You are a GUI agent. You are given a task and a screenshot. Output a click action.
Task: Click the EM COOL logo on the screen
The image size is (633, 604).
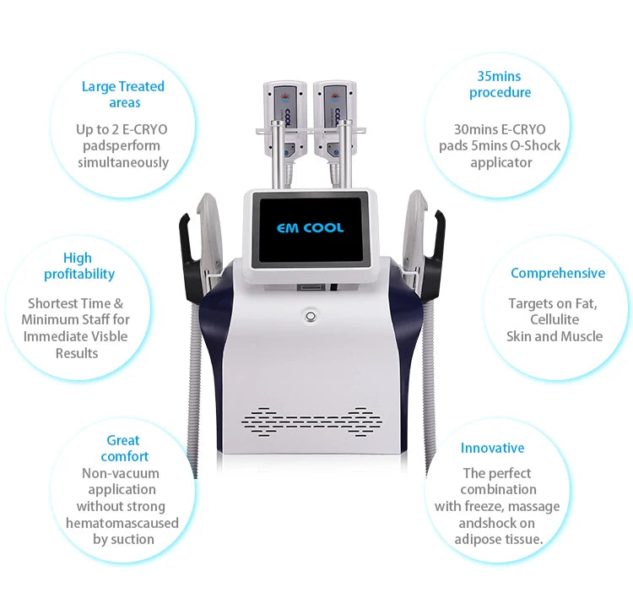(310, 228)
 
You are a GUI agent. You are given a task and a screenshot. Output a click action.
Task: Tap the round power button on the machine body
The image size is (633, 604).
(311, 316)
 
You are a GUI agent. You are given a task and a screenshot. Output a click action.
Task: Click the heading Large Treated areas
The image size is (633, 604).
(123, 94)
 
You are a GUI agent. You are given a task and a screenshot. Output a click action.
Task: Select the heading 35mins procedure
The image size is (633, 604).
(500, 84)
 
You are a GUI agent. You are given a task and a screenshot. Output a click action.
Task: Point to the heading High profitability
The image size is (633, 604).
(79, 266)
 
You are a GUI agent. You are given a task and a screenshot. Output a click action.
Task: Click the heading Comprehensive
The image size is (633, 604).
(558, 273)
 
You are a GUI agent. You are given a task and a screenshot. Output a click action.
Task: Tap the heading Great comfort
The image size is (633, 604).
(124, 448)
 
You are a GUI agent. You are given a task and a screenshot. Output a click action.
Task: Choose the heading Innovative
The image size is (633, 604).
(493, 448)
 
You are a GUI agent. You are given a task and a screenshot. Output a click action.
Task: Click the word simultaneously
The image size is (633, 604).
(123, 162)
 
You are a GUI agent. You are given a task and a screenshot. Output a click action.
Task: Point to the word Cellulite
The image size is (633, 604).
(555, 319)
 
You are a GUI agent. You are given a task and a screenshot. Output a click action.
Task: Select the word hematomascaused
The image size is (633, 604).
(122, 523)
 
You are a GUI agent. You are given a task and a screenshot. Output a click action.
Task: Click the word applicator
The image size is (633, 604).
(501, 163)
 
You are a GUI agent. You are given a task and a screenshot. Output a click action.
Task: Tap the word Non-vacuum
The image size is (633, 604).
(121, 473)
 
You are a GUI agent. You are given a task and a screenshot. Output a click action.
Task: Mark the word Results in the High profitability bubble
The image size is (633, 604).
(77, 353)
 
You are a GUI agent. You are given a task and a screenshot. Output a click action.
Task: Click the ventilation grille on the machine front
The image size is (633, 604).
(311, 422)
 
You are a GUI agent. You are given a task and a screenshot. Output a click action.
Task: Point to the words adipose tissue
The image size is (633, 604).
(499, 539)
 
